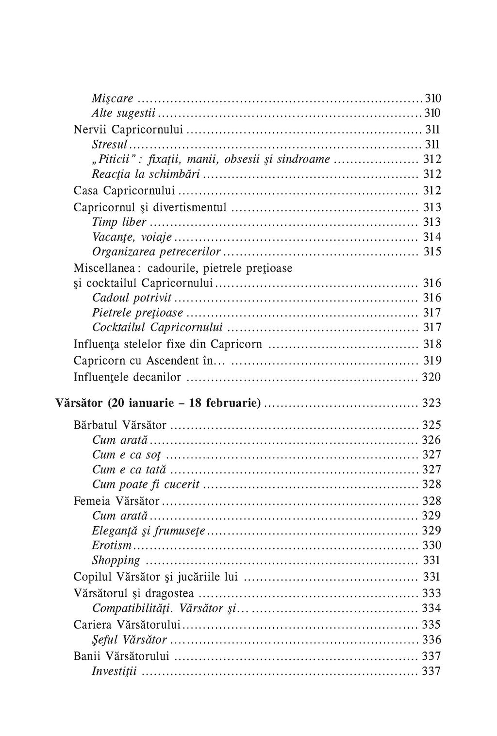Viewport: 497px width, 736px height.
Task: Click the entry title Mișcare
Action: (x=113, y=99)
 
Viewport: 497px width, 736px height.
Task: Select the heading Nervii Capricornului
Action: (x=129, y=130)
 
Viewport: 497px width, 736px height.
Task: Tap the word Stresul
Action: (x=110, y=144)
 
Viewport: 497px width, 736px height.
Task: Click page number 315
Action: (x=432, y=252)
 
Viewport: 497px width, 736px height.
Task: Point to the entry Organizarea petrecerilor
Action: (x=157, y=252)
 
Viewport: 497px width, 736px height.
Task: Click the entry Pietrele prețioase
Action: (x=138, y=312)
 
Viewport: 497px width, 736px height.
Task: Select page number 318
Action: (x=432, y=345)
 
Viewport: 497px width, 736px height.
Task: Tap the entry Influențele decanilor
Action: (x=127, y=377)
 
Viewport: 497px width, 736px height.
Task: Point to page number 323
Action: (x=431, y=403)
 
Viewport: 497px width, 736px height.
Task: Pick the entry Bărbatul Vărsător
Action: (x=120, y=425)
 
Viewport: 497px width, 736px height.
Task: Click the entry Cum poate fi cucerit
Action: (x=146, y=485)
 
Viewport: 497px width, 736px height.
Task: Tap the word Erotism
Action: (x=112, y=545)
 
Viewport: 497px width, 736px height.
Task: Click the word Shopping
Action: (x=116, y=560)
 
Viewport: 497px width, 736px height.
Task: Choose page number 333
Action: (x=431, y=593)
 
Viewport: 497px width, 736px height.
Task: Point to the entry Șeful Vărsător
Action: (x=130, y=640)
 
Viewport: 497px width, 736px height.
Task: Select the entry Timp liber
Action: (x=119, y=222)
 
